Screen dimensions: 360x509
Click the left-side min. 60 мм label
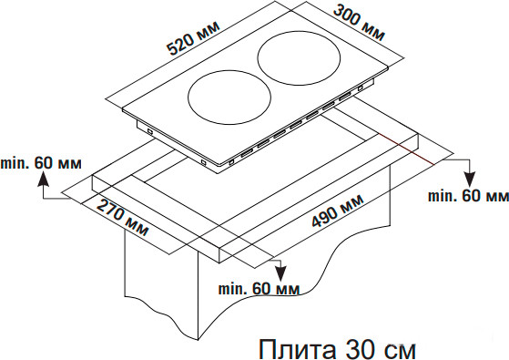40,163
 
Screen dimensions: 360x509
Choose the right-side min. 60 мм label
468,195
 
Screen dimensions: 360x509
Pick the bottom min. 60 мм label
259,290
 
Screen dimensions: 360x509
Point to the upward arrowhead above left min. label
42,180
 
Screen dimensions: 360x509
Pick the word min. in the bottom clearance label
232,290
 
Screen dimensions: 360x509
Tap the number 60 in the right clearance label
472,195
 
